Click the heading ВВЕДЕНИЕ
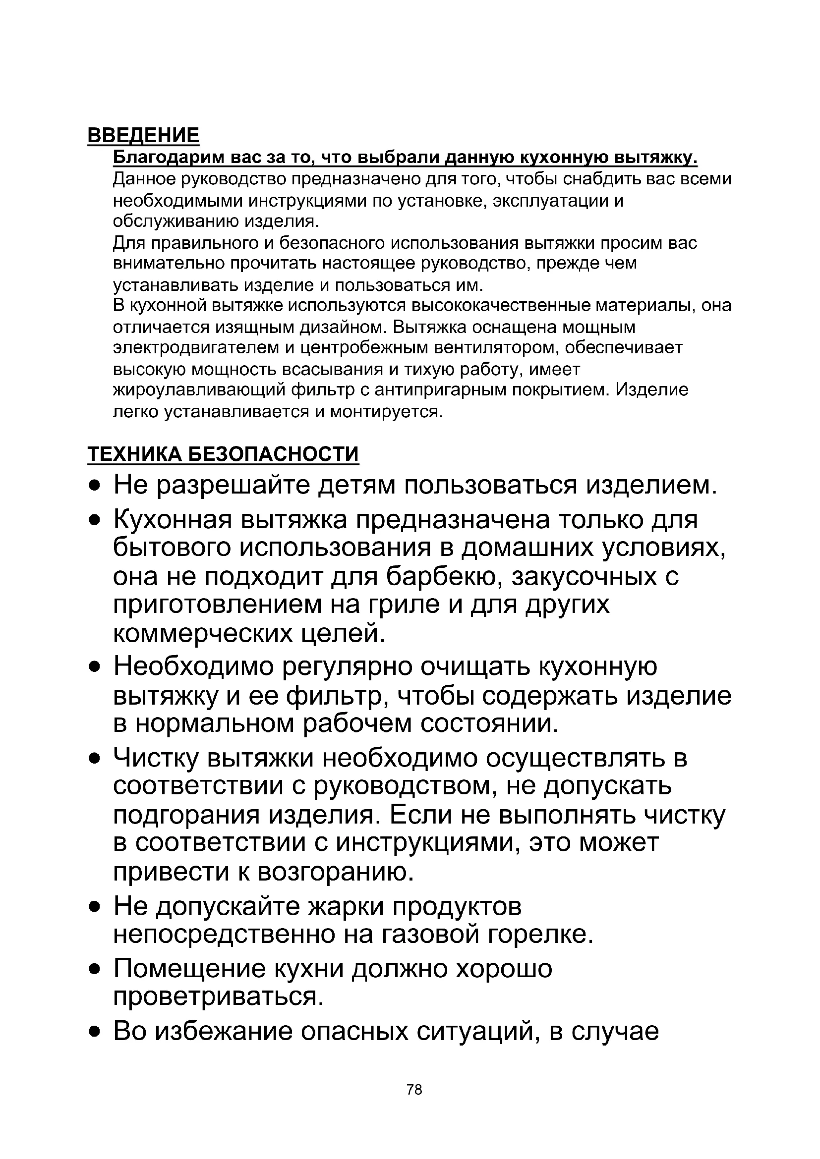(x=143, y=135)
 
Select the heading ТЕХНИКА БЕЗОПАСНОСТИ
(x=223, y=454)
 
